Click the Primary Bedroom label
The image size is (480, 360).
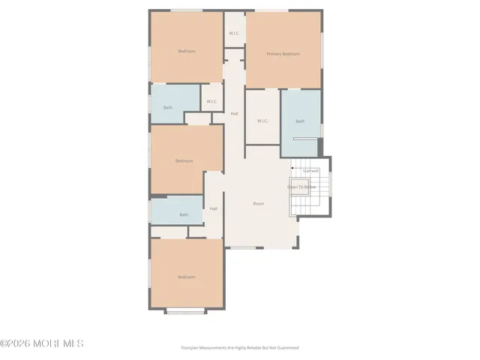click(x=283, y=54)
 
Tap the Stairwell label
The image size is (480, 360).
click(x=310, y=171)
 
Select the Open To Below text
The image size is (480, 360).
click(x=300, y=187)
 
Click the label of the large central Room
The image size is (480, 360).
click(x=259, y=204)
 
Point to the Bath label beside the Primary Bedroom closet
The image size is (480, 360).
click(x=300, y=121)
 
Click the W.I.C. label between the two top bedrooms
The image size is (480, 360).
click(x=234, y=33)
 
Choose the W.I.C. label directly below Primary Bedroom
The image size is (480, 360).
click(x=262, y=121)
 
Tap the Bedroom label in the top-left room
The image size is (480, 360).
click(x=187, y=51)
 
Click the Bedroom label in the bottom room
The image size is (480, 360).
click(x=187, y=277)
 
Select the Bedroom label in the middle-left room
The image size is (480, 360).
click(x=184, y=161)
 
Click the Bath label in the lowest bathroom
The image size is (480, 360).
click(x=184, y=215)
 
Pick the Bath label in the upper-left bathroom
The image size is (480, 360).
click(x=168, y=107)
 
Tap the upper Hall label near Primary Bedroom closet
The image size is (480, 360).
click(x=234, y=113)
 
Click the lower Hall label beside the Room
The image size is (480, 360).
click(x=214, y=208)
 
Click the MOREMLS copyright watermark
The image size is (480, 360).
click(x=42, y=343)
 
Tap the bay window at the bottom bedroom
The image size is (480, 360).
click(x=186, y=311)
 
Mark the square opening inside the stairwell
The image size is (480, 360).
click(x=301, y=188)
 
